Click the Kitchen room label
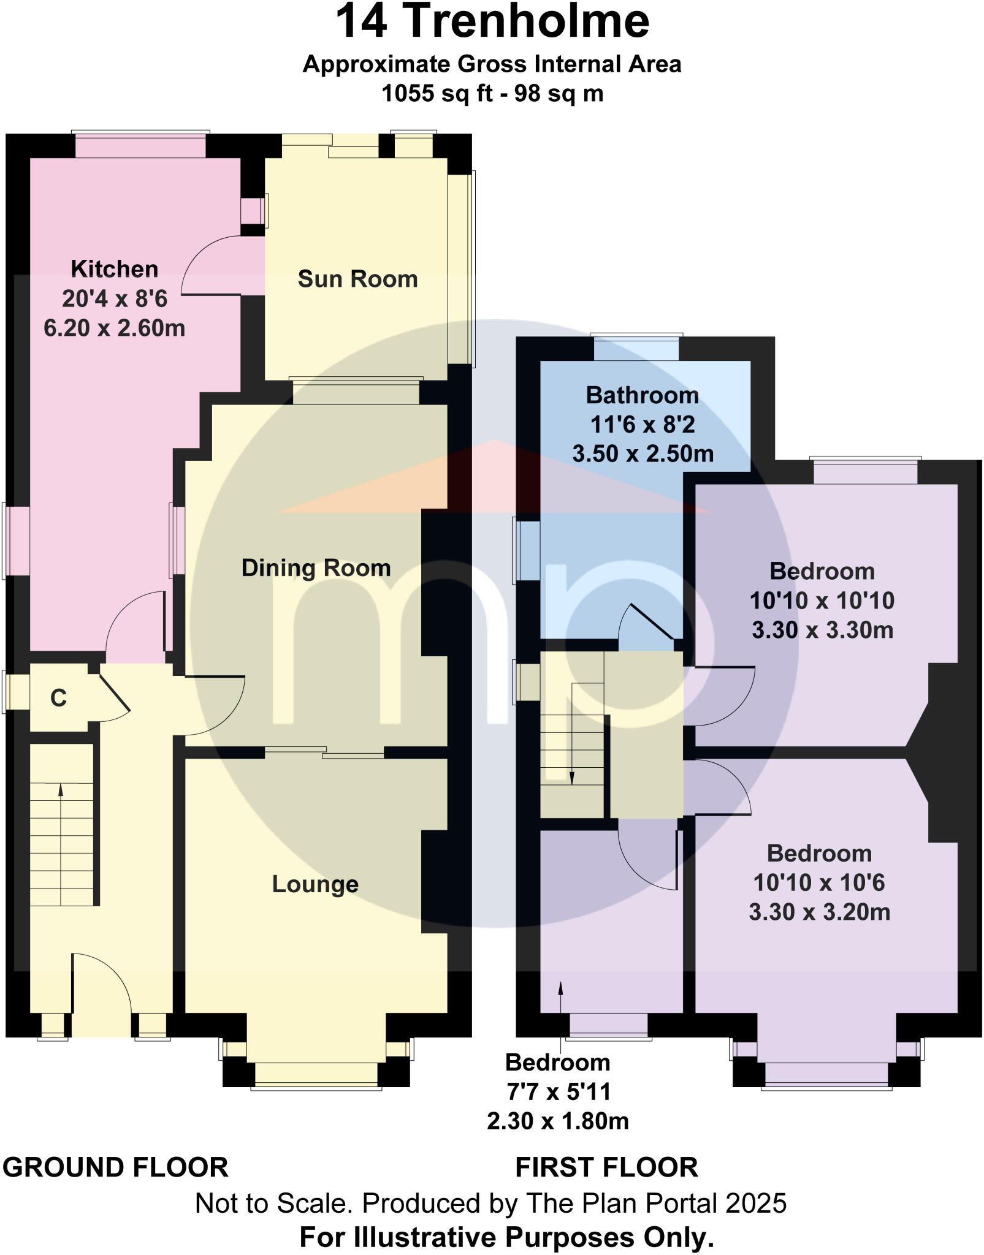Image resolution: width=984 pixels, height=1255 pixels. point(114,269)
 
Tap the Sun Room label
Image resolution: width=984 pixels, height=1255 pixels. point(357,279)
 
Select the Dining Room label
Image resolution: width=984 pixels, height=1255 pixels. point(316,568)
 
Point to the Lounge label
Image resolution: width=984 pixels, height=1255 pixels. point(315,884)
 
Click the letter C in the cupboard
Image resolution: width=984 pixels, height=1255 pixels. point(58,698)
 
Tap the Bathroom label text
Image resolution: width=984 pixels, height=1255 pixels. point(642,395)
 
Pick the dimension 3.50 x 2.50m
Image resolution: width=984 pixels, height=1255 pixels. point(643,454)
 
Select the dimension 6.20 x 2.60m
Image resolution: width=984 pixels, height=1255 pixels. point(114,328)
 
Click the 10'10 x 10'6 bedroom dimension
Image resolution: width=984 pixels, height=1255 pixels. point(819,883)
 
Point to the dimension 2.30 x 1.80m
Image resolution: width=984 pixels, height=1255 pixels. point(557,1121)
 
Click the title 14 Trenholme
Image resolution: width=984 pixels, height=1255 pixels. point(492,21)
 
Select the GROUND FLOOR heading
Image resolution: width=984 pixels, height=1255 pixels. point(115,1167)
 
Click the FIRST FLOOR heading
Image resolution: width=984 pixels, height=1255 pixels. point(606,1167)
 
